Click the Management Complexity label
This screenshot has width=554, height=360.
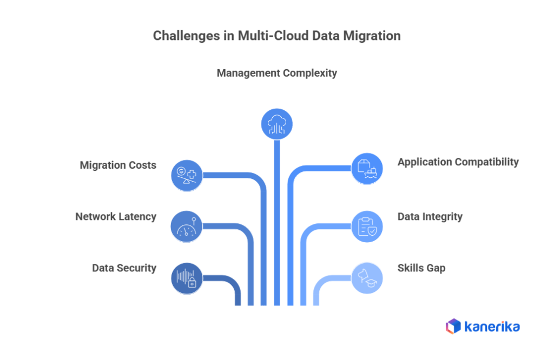click(x=276, y=73)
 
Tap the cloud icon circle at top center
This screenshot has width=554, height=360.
click(x=277, y=124)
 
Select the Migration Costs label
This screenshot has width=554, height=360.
click(x=118, y=165)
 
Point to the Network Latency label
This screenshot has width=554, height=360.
click(x=116, y=217)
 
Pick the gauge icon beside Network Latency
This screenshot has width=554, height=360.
click(x=187, y=226)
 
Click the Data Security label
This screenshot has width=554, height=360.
click(x=124, y=268)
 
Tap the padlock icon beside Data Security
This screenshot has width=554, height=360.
click(x=187, y=278)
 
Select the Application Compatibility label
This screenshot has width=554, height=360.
click(x=458, y=162)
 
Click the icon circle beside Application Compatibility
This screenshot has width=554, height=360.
click(x=367, y=169)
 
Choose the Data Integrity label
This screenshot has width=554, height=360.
click(x=430, y=217)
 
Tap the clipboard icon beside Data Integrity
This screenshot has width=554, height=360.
click(x=367, y=226)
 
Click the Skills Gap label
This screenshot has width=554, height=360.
click(x=421, y=268)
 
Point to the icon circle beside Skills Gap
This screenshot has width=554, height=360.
click(x=367, y=278)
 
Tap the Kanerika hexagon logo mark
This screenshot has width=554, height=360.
click(x=453, y=326)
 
